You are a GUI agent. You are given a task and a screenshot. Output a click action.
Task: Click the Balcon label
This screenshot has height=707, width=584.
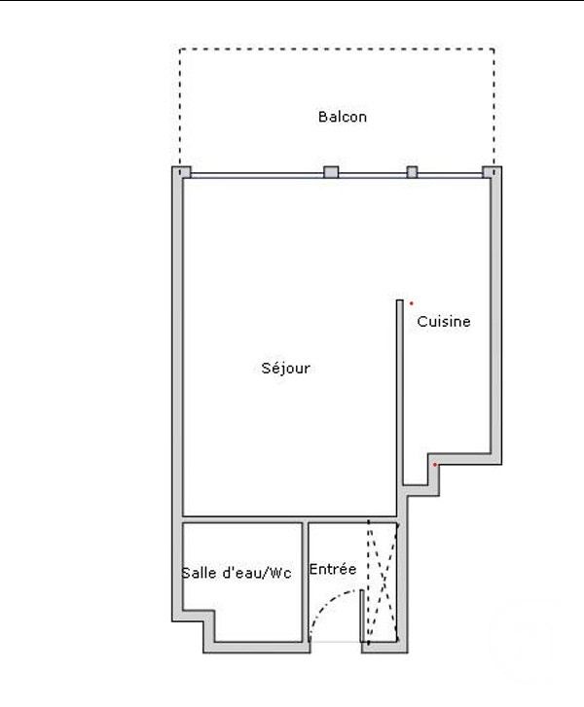pyautogui.click(x=342, y=117)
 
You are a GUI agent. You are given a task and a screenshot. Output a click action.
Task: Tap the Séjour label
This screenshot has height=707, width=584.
pyautogui.click(x=286, y=368)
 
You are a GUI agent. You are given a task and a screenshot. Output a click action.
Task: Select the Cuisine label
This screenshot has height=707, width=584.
pyautogui.click(x=443, y=322)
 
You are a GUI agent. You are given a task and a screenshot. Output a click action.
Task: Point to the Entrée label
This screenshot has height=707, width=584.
pyautogui.click(x=333, y=569)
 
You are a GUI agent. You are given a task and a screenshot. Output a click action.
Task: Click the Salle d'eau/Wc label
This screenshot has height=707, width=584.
pyautogui.click(x=237, y=573)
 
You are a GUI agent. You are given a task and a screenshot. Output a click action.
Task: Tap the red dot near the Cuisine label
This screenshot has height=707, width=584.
pyautogui.click(x=411, y=303)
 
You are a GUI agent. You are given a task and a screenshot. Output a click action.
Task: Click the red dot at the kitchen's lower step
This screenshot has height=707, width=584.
pyautogui.click(x=435, y=465)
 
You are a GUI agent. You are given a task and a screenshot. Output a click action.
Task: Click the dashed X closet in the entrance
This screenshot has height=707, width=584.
pyautogui.click(x=383, y=582)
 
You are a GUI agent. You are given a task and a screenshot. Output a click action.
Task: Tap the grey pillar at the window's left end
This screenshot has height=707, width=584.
pyautogui.click(x=183, y=172)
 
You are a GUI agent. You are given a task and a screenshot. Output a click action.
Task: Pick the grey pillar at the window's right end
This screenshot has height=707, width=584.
pyautogui.click(x=490, y=172)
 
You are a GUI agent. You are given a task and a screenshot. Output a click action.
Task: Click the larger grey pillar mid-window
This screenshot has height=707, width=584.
pyautogui.click(x=331, y=172)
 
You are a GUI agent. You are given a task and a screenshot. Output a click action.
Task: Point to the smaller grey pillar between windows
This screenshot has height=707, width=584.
pyautogui.click(x=412, y=172)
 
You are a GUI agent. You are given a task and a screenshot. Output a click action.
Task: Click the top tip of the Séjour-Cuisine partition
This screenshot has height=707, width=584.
pyautogui.click(x=400, y=300)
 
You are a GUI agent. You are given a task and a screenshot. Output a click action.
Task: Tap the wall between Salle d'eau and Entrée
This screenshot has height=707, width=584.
pyautogui.click(x=305, y=582)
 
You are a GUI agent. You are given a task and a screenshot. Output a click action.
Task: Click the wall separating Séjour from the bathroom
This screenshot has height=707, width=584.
pyautogui.click(x=289, y=519)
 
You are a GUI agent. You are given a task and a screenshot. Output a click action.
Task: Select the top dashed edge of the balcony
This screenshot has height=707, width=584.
pyautogui.click(x=337, y=49)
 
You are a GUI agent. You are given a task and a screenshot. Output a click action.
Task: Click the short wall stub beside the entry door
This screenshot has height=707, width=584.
pyautogui.click(x=362, y=616)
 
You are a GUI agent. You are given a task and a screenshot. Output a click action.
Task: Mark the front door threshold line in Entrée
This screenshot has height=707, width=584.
pyautogui.click(x=335, y=642)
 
